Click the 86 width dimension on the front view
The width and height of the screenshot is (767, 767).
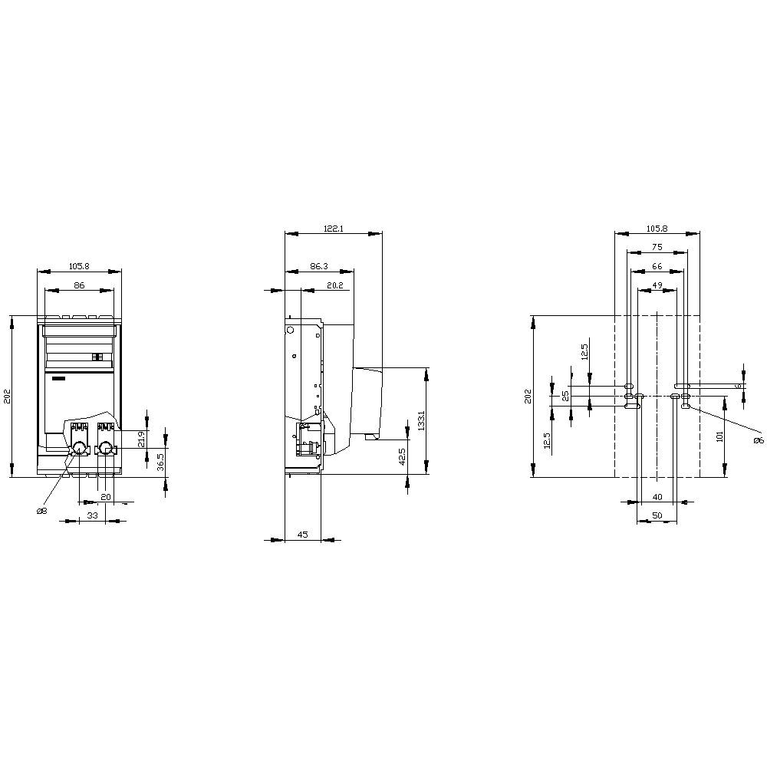[78, 285]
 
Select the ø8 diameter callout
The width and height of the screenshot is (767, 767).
[41, 511]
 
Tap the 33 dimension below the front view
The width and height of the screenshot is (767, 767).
[92, 516]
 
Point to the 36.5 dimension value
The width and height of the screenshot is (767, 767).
[161, 463]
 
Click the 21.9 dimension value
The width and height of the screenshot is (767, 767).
[141, 439]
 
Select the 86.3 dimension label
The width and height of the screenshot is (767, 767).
[319, 266]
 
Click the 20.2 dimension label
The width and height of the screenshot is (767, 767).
[334, 285]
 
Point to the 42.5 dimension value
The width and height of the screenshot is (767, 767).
[402, 456]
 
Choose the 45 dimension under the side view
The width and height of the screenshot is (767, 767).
[302, 535]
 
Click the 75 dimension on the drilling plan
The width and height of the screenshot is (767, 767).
[657, 247]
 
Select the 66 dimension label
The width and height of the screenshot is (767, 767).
[657, 266]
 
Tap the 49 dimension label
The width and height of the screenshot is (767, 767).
[657, 285]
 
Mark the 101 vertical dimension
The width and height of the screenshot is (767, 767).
[719, 436]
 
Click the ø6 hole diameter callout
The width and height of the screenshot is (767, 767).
[758, 440]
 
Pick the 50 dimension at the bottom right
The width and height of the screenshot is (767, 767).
[657, 515]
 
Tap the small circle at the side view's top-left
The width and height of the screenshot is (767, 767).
[291, 330]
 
